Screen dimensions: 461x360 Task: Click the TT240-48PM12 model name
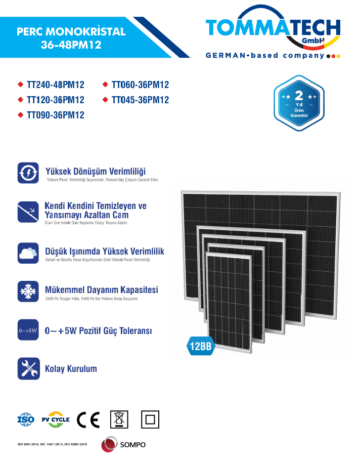[x=55, y=85]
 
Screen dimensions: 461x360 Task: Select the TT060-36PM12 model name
[x=140, y=85]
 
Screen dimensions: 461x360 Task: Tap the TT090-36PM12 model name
[x=55, y=115]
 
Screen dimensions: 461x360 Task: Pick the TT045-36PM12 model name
[x=140, y=100]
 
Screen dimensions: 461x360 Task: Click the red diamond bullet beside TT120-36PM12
[x=20, y=100]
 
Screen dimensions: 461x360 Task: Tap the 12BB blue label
[x=200, y=346]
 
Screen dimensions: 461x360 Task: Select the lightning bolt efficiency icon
[x=28, y=173]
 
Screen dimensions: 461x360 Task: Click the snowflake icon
[x=28, y=291]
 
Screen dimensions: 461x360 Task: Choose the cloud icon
[x=28, y=252]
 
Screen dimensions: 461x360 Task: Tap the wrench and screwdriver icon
[x=28, y=368]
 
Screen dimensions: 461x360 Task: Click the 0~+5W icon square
[x=28, y=331]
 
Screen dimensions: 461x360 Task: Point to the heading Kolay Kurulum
[x=71, y=369]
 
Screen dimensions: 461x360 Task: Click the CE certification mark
[x=88, y=420]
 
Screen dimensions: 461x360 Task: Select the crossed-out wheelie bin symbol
[x=119, y=419]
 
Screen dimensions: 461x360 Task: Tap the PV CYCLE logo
[x=56, y=420]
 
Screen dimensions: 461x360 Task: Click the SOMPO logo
[x=123, y=444]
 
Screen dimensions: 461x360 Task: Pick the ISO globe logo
[x=26, y=420]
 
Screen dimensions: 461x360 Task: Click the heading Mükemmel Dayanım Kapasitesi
[x=102, y=290]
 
